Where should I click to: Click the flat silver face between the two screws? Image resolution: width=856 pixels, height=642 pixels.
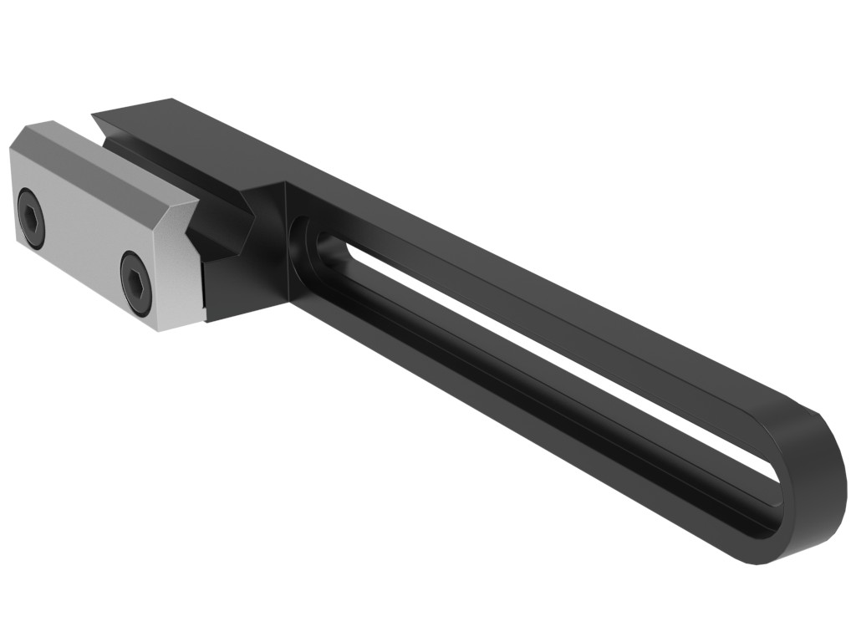84,242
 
